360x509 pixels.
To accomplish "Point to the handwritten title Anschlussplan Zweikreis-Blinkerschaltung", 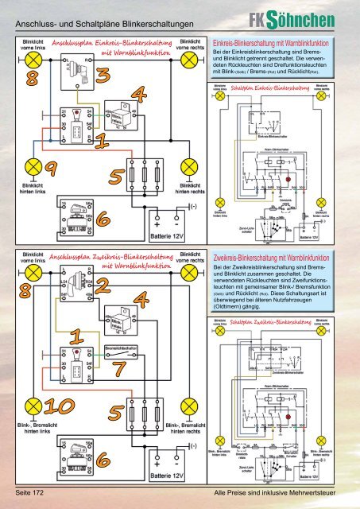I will [111, 260].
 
